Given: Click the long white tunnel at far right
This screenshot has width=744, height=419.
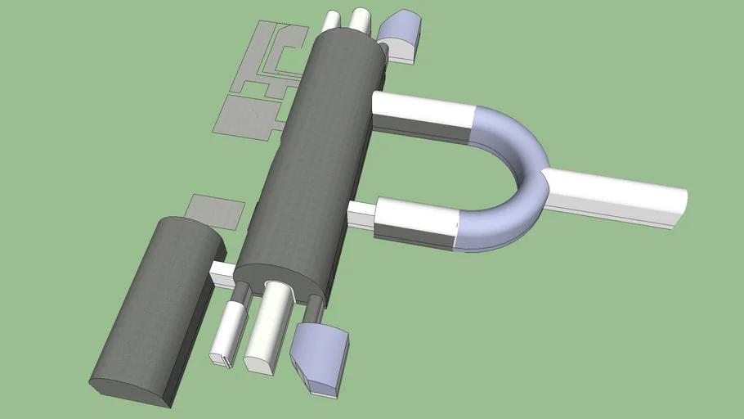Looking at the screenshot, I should tap(621, 196).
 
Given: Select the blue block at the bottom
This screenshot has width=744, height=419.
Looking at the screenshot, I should tap(321, 354).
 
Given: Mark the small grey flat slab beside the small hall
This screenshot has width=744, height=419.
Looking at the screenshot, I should tap(215, 210).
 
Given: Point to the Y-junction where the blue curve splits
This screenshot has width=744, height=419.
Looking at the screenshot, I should tap(546, 176).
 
